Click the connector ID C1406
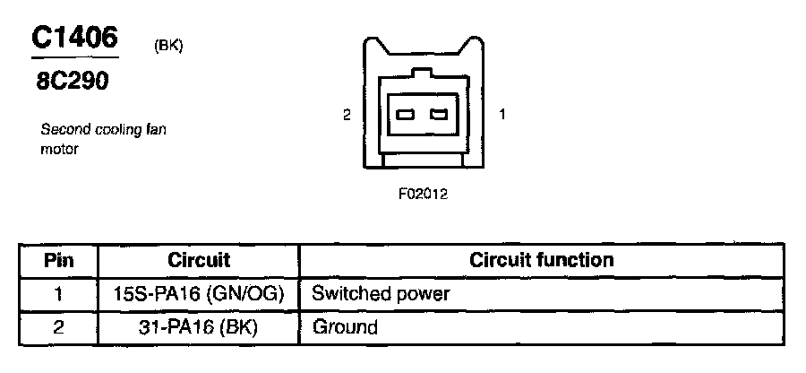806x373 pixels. [74, 37]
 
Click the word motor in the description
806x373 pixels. [60, 149]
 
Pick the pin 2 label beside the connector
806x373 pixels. [347, 115]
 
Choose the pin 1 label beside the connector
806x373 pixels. [502, 115]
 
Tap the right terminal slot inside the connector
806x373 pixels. [438, 115]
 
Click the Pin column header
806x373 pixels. [58, 261]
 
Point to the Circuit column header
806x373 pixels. [199, 261]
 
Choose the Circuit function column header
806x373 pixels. [542, 261]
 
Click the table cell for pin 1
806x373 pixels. [58, 293]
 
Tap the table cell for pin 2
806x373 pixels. [58, 327]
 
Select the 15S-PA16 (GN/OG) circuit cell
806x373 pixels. [199, 293]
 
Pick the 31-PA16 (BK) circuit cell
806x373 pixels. [199, 327]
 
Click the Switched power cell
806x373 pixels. [381, 293]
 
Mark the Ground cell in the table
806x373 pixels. [345, 327]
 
